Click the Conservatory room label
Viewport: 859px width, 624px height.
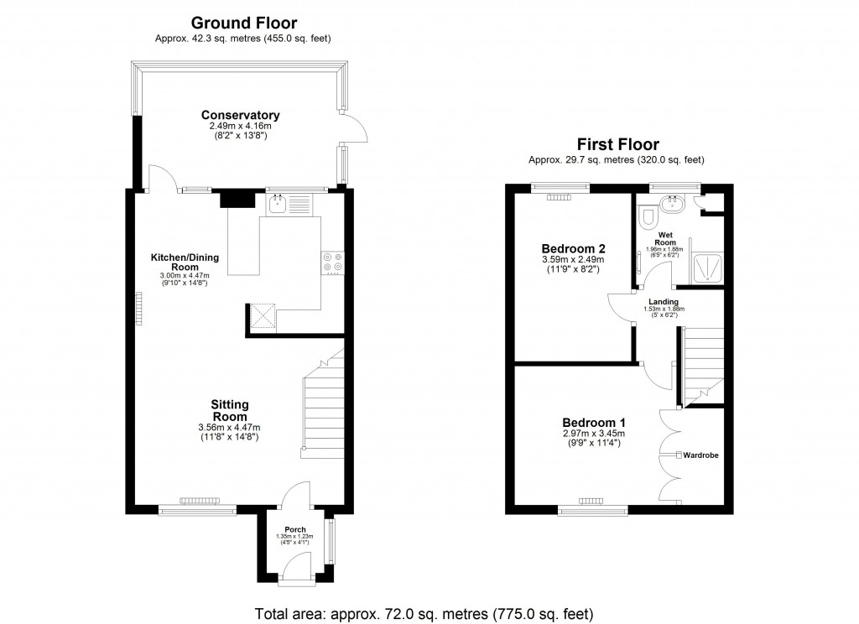click(x=240, y=115)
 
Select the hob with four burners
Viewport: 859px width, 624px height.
click(x=333, y=263)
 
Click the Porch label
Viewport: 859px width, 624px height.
click(x=294, y=529)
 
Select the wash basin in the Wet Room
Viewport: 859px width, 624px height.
click(x=671, y=202)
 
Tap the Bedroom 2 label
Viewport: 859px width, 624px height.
click(x=573, y=249)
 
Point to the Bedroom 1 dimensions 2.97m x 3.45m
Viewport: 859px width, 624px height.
click(x=593, y=434)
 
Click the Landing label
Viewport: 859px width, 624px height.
click(x=664, y=302)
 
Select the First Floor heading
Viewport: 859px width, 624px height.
click(x=617, y=145)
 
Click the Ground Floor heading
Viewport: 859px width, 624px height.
click(x=243, y=23)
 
